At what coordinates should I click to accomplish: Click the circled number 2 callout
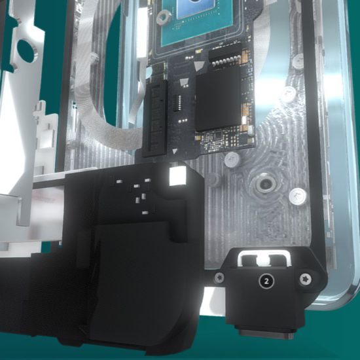pos(266,281)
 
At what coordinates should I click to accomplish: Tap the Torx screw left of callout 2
pos(220,278)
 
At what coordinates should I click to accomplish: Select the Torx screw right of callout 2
pos(306,279)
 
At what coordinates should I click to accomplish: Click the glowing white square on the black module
pos(177,175)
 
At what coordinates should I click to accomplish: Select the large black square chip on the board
pos(218,100)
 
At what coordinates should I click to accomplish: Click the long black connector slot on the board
pos(155,119)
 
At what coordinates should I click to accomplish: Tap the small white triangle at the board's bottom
pos(175,151)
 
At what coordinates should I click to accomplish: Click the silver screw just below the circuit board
pos(232,159)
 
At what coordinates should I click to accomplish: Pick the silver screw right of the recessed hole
pos(298,196)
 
